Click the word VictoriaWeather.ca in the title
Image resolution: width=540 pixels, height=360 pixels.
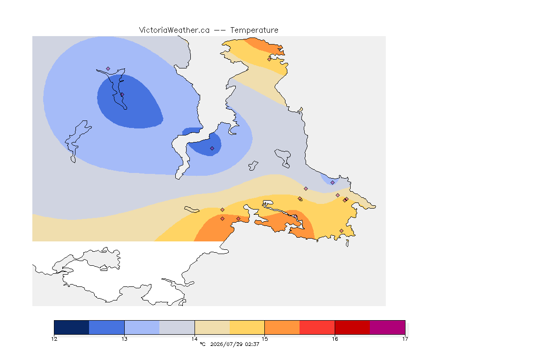pyautogui.click(x=174, y=30)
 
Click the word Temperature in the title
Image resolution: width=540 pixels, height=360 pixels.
pyautogui.click(x=254, y=30)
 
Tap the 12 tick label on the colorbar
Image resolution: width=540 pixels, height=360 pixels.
pyautogui.click(x=54, y=339)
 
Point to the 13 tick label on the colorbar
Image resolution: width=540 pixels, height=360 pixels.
pyautogui.click(x=124, y=339)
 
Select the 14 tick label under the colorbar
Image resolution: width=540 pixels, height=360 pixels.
pyautogui.click(x=195, y=339)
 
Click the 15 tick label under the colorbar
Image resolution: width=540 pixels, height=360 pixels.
pyautogui.click(x=264, y=339)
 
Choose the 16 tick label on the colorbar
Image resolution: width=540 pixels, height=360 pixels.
pyautogui.click(x=335, y=339)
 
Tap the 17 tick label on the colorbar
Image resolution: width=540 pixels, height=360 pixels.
pyautogui.click(x=405, y=339)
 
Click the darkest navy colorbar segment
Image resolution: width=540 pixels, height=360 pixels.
pyautogui.click(x=72, y=327)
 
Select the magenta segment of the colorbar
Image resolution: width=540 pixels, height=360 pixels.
pyautogui.click(x=388, y=327)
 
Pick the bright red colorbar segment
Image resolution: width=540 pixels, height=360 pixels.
pyautogui.click(x=317, y=327)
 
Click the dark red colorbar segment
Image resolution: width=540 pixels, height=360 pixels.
pyautogui.click(x=352, y=327)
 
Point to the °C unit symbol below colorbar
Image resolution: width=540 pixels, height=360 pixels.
pyautogui.click(x=202, y=344)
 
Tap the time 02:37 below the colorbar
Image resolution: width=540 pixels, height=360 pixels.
pyautogui.click(x=252, y=344)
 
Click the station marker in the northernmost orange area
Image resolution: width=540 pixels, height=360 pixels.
pyautogui.click(x=270, y=59)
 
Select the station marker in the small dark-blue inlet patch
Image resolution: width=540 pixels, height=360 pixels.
pyautogui.click(x=212, y=149)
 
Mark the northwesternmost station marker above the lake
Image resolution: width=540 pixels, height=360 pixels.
pyautogui.click(x=108, y=69)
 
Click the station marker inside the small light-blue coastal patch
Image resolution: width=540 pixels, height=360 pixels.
pyautogui.click(x=332, y=183)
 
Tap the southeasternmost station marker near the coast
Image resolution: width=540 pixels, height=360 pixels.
pyautogui.click(x=341, y=231)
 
